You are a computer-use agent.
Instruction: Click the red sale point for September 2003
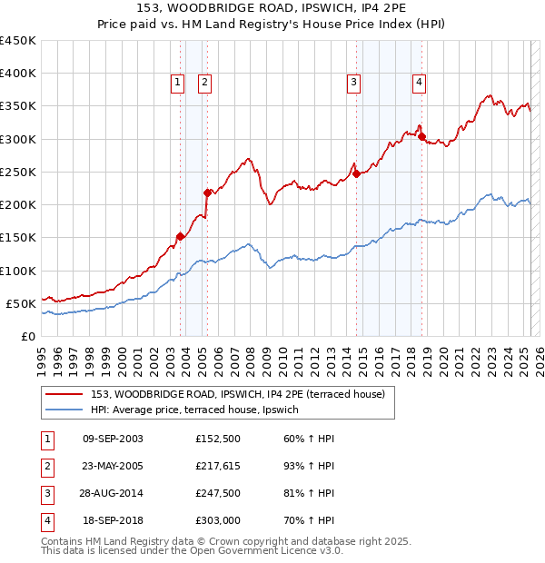tap(180, 236)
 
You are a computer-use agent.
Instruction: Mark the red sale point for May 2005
tap(207, 193)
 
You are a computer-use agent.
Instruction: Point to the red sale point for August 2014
tap(357, 173)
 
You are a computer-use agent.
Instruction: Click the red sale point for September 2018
tap(422, 137)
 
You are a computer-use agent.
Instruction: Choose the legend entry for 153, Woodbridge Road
tap(238, 394)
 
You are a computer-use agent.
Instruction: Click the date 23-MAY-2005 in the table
tap(113, 466)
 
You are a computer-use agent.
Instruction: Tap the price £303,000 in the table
tap(217, 521)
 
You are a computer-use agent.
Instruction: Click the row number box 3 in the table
tap(46, 494)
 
